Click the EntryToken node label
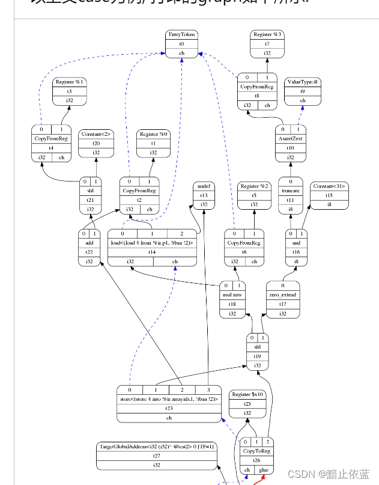(x=182, y=34)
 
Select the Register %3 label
(x=267, y=34)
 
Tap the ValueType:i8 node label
(x=303, y=82)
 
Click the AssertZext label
(x=291, y=138)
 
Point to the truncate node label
(x=291, y=191)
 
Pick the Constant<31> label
(x=329, y=186)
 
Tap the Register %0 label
(x=153, y=133)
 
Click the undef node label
(x=204, y=186)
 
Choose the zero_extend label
(x=282, y=294)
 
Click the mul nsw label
(x=233, y=294)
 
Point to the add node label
(x=89, y=242)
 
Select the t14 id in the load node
(x=152, y=252)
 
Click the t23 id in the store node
(x=169, y=408)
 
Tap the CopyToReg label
(x=257, y=451)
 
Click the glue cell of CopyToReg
(x=264, y=470)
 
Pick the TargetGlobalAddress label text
(x=157, y=446)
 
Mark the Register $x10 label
(x=247, y=394)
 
